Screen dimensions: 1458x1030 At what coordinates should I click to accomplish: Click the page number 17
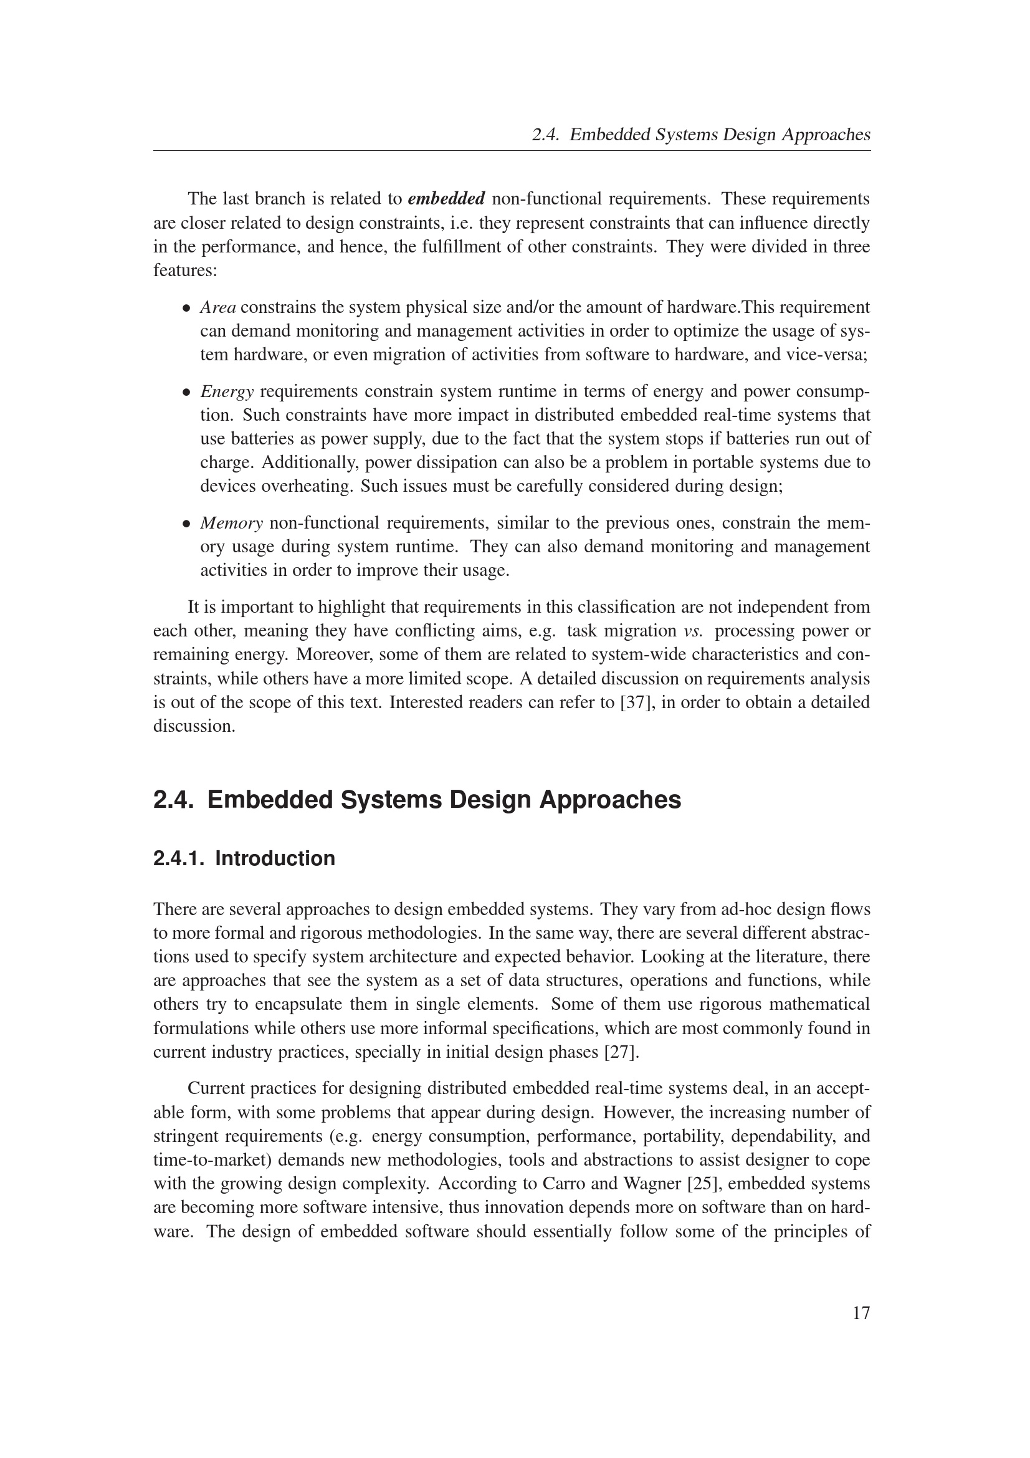861,1313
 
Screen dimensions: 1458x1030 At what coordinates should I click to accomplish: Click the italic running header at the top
700,135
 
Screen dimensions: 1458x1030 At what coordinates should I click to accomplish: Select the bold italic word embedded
446,199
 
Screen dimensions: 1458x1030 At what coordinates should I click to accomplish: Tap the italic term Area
218,307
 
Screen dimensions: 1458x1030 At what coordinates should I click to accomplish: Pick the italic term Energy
227,392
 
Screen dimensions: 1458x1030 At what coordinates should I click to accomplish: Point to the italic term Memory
232,523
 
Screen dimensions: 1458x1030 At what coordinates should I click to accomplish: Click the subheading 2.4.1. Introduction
244,858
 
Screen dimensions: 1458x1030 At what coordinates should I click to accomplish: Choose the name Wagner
638,1184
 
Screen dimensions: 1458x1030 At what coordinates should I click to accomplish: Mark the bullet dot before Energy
186,393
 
